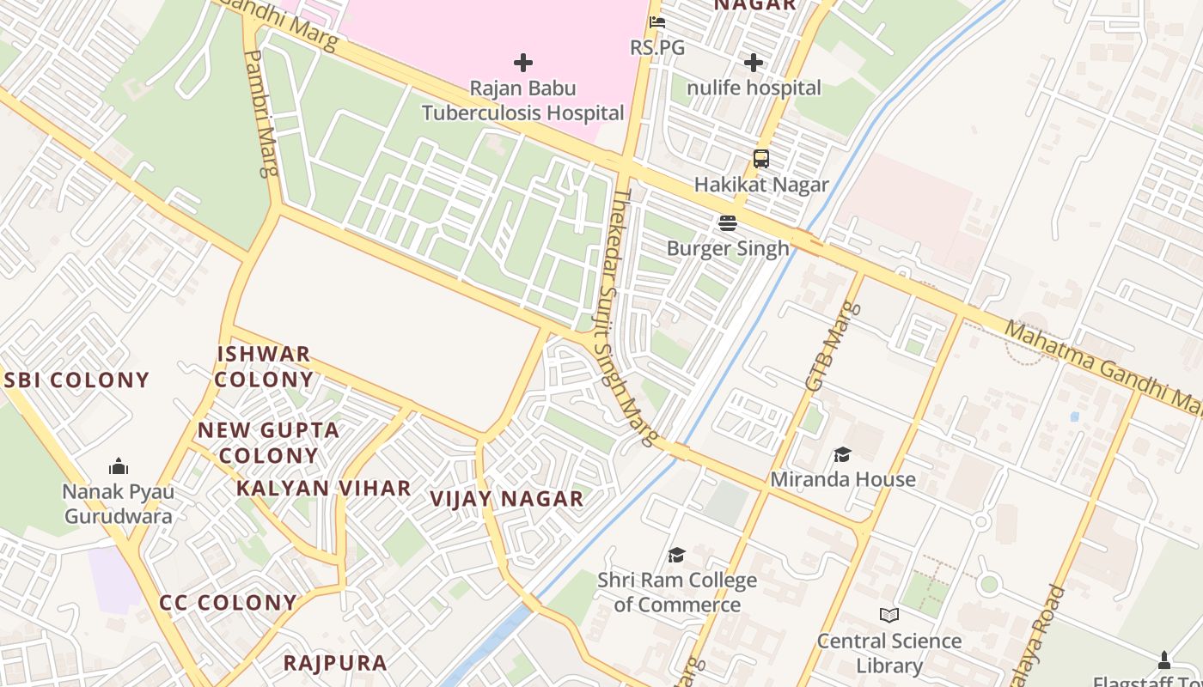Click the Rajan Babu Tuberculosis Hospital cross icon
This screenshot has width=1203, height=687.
522,63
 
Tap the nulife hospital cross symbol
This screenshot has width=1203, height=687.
754,63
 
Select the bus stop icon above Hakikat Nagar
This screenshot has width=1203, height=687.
761,159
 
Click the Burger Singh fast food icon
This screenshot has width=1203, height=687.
728,223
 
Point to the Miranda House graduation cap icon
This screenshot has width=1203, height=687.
842,454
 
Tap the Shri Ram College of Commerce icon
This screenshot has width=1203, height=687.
677,555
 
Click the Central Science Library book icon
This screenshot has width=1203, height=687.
889,615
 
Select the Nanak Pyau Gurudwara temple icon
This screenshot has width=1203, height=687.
119,466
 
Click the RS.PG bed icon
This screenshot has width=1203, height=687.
657,22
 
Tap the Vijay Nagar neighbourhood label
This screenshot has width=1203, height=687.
506,498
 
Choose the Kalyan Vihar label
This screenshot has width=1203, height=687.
324,488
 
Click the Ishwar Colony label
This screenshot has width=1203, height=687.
264,367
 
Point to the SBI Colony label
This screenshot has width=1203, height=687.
77,380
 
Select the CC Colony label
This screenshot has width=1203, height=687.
229,603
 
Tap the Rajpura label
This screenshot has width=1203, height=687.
335,663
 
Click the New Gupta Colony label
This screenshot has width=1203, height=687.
269,442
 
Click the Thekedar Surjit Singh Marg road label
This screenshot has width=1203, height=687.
634,318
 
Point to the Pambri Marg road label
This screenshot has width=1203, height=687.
261,112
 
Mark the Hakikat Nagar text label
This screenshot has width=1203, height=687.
761,185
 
